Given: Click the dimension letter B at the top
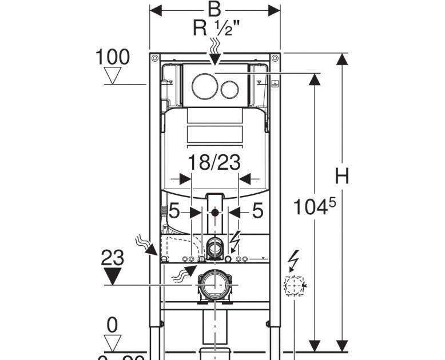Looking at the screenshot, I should coord(214,9).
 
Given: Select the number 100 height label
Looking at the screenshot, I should coord(112,57).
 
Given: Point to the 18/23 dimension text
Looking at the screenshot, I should coord(214,163).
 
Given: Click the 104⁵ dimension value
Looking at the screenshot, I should coord(313,207).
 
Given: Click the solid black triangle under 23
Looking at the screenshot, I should coord(113,277).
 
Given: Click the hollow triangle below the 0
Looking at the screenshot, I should coord(113,343).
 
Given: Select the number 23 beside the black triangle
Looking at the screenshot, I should coord(113,258).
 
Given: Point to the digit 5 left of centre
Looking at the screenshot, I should coord(174,212).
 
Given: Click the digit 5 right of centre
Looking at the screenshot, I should coord(257,211).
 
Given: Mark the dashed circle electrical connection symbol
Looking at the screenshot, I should coord(294,284).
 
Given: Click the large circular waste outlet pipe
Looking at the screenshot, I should coord(214,284).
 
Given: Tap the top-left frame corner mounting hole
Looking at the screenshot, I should coord(154,58).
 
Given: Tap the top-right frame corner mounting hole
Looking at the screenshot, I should coord(275,58).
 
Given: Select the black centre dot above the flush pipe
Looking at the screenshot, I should coord(214,213).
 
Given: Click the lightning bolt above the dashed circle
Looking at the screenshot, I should coord(295,260).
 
